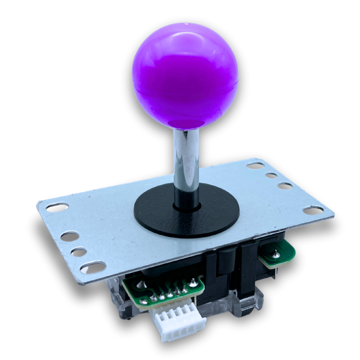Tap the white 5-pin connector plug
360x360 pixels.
pos(178,323)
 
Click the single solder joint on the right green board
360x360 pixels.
pos(276,254)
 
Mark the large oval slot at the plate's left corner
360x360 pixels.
pos(57,207)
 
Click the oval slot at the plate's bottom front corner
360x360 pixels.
pos(93,267)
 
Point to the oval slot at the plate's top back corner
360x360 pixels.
pos(255,165)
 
